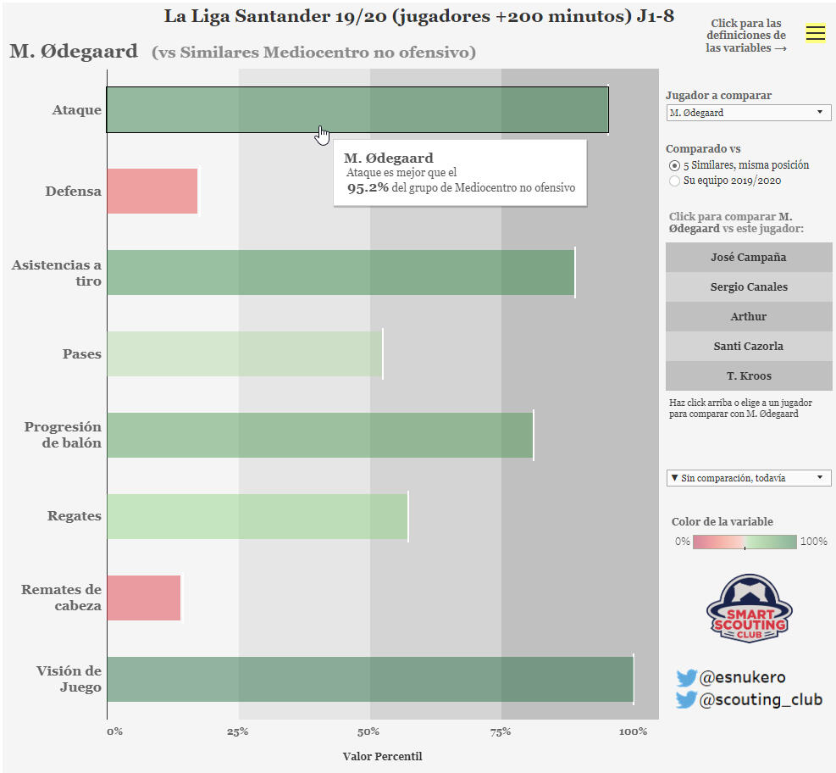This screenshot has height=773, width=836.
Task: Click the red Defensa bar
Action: point(152,191)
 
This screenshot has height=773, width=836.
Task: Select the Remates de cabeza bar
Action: point(144,598)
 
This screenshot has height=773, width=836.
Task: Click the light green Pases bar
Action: point(245,353)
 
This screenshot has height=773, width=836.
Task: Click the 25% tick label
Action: point(238,731)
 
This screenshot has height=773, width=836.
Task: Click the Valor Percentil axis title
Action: point(382,756)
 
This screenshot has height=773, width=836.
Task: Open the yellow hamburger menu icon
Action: point(815,33)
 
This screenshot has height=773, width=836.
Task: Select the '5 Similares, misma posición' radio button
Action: point(674,165)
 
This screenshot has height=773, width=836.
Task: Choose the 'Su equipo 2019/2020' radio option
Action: point(674,181)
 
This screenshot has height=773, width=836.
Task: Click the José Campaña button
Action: point(749,257)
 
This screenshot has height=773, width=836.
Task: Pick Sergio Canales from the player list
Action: point(749,286)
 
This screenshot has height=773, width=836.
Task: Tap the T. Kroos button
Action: point(749,375)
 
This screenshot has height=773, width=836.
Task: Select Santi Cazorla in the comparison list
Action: point(749,346)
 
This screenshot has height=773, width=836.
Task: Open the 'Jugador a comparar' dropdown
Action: point(748,113)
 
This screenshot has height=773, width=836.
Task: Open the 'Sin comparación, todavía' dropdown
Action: point(748,478)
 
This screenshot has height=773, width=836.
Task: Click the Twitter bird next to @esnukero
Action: point(686,678)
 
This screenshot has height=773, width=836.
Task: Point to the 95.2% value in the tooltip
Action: point(368,187)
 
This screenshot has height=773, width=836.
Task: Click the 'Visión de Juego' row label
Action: point(69,679)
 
